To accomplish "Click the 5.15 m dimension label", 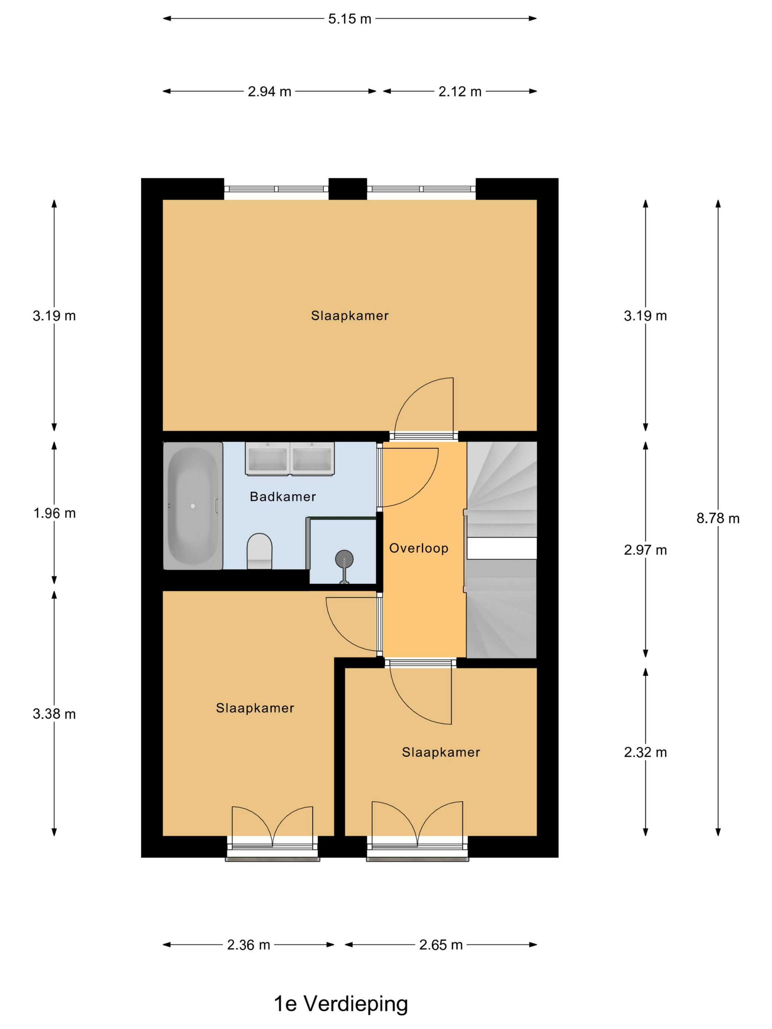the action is pyautogui.click(x=350, y=19).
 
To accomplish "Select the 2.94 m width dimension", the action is pyautogui.click(x=269, y=92).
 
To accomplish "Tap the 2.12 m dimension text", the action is pyautogui.click(x=460, y=92).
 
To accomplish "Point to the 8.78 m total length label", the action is pyautogui.click(x=718, y=518).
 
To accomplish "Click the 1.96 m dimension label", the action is pyautogui.click(x=54, y=513).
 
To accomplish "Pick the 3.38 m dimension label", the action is pyautogui.click(x=54, y=714).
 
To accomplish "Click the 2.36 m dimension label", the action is pyautogui.click(x=249, y=945).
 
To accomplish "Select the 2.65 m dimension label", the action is pyautogui.click(x=441, y=945).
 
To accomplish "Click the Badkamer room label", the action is pyautogui.click(x=283, y=497).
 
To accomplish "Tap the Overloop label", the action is pyautogui.click(x=419, y=548).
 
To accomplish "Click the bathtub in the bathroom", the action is pyautogui.click(x=193, y=506).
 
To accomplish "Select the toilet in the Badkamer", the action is pyautogui.click(x=259, y=551).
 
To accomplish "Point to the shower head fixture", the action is pyautogui.click(x=344, y=559).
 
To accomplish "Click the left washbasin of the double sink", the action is pyautogui.click(x=267, y=459).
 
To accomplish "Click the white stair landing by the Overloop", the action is pyautogui.click(x=502, y=548).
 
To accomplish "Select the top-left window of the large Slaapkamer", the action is pyautogui.click(x=276, y=189).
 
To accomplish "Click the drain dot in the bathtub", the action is pyautogui.click(x=193, y=506).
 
